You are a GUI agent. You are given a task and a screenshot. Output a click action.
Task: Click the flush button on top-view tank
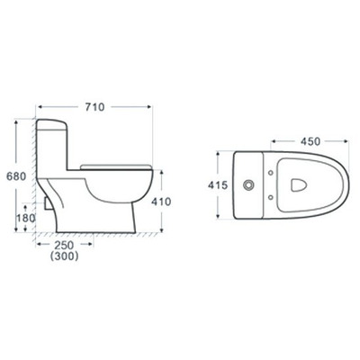(247, 185)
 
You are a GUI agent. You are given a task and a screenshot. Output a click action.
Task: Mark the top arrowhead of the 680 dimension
(17, 121)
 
